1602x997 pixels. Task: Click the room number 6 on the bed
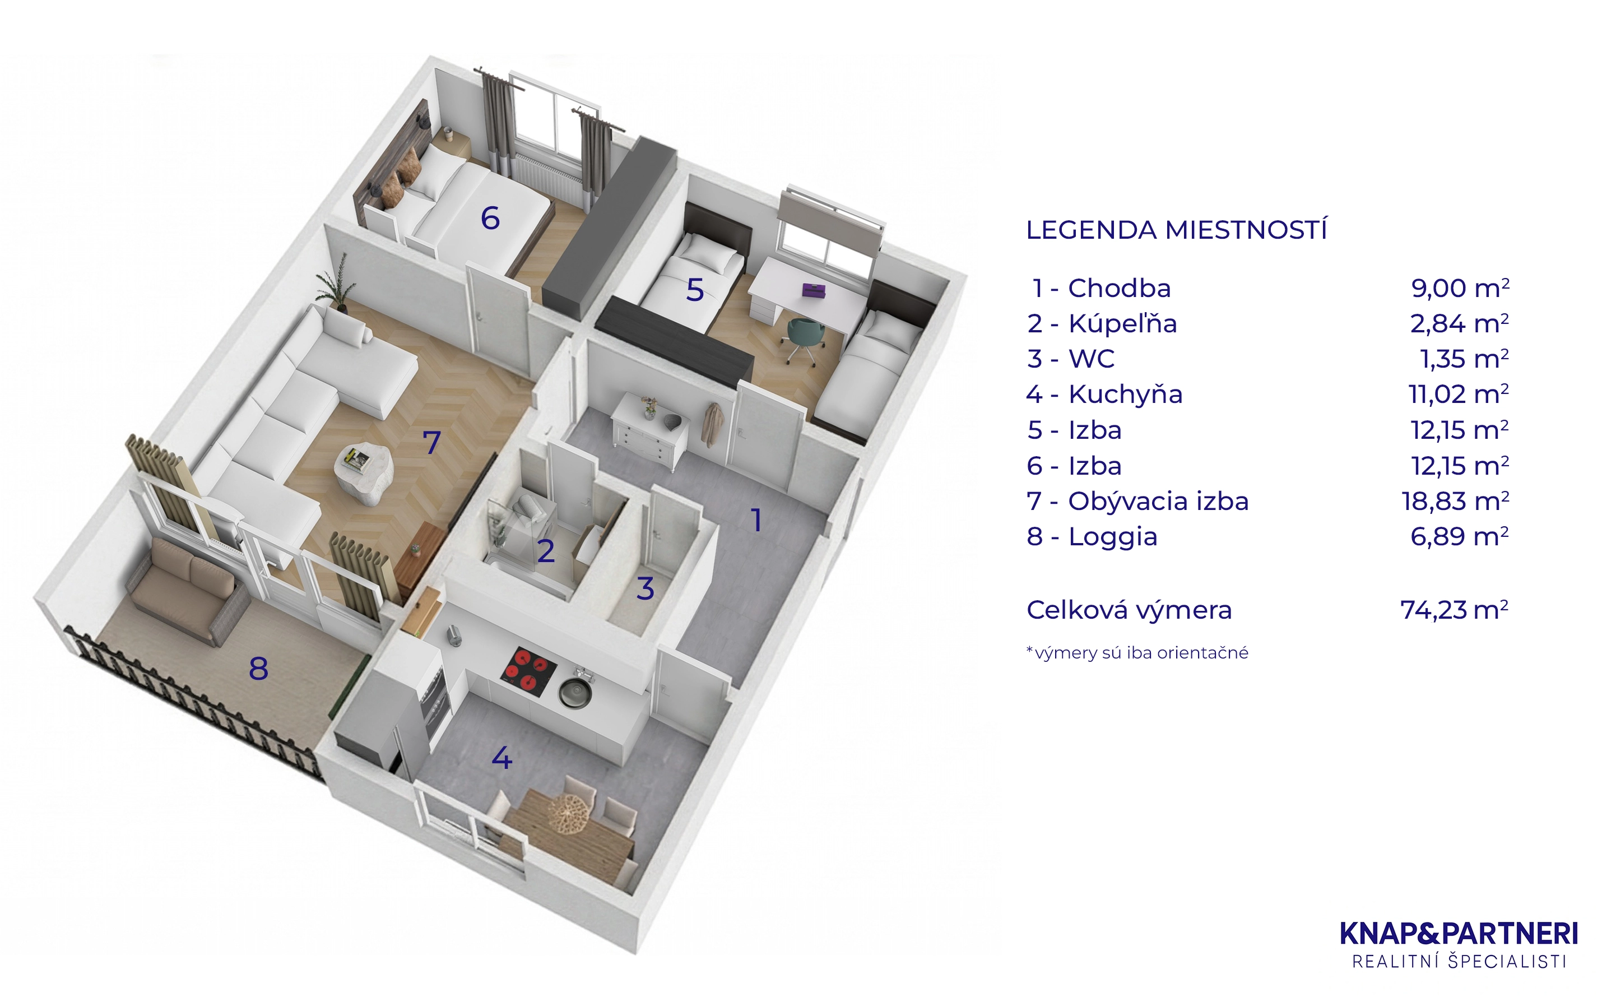click(490, 218)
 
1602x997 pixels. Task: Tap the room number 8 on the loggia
click(258, 669)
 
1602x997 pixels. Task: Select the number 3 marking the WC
click(645, 588)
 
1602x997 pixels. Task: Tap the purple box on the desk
click(814, 290)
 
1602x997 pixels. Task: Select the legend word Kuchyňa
click(1125, 395)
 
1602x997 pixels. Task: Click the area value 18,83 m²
click(1456, 501)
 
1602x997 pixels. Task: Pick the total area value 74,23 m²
click(1454, 610)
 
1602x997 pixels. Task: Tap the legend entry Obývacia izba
click(1158, 501)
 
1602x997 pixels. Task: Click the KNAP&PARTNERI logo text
click(1460, 934)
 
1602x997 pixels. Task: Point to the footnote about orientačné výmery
click(1137, 653)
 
